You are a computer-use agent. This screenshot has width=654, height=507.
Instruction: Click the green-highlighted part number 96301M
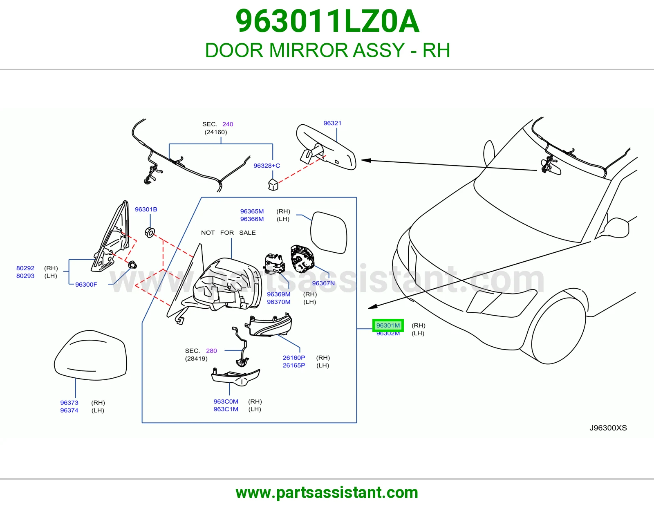[388, 325]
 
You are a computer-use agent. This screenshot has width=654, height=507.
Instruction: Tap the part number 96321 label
[332, 123]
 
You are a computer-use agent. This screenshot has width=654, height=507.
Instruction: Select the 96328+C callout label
[267, 166]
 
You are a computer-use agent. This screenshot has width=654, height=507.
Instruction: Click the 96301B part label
[146, 209]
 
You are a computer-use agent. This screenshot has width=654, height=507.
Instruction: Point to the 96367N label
[323, 283]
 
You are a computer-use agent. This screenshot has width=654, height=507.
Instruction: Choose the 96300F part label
[86, 285]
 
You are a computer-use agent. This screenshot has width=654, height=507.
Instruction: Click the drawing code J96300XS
[608, 428]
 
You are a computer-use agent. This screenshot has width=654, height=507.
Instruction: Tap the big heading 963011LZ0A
[327, 21]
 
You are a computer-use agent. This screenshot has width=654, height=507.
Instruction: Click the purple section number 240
[228, 124]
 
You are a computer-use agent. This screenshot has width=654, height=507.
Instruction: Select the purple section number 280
[211, 351]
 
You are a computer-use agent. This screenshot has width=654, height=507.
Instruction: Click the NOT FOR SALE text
[228, 233]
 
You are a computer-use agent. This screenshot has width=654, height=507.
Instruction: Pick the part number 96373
[69, 402]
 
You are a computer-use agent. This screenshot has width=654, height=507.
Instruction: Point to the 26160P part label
[294, 358]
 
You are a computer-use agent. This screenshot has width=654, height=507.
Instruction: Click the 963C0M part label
[226, 402]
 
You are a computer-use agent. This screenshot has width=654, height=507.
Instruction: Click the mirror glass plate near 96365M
[329, 232]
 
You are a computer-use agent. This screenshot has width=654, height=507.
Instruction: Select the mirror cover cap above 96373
[90, 355]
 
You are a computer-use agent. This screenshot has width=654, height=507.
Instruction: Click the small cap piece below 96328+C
[273, 184]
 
